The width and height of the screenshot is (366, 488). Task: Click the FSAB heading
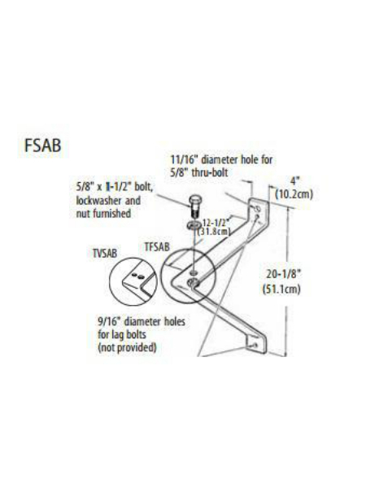pos(42,146)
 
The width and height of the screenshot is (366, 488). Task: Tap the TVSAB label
pos(105,253)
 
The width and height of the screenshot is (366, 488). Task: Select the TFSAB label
pos(157,246)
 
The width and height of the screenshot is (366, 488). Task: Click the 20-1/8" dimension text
pos(284,275)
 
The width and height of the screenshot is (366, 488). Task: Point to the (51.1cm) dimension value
pos(281,289)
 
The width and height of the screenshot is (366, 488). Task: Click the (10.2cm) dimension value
pos(294,194)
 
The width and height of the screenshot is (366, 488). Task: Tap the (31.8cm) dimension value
pos(214,231)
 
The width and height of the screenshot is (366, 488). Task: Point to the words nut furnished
pos(103,213)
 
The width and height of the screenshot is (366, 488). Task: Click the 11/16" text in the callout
pos(185,160)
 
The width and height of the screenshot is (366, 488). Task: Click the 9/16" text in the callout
pos(110,321)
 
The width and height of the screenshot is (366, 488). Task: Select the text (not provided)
pos(127,347)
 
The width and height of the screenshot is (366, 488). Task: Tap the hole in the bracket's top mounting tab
pos(257,207)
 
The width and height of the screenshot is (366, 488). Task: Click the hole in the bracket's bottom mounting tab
pos(255,345)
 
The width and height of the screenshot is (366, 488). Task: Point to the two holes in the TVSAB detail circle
pos(137,276)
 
